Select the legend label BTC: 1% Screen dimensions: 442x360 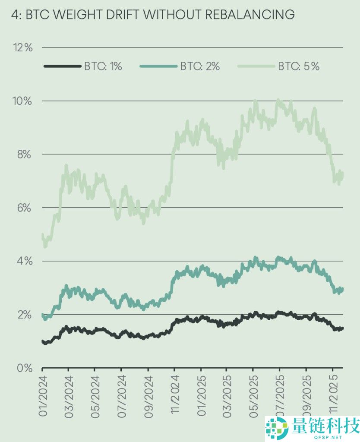point(103,66)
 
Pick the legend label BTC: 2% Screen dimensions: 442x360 point(200,66)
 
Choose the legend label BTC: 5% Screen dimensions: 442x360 point(298,66)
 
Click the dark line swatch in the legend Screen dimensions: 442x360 point(62,66)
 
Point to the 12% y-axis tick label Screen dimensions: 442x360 point(23,47)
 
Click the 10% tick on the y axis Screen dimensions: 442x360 point(23,101)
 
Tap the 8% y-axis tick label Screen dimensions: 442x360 point(24,155)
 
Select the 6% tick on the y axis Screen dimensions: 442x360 point(24,208)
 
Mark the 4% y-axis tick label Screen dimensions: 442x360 point(24,261)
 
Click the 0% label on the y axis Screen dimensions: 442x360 point(24,368)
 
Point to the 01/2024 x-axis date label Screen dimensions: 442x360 point(42,395)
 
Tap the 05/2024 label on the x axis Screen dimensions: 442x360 point(95,395)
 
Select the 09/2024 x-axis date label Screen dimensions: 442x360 point(148,395)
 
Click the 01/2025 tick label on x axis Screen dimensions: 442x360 point(201,395)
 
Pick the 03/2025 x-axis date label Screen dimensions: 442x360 point(227,395)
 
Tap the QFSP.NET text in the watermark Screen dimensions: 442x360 point(325,437)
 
